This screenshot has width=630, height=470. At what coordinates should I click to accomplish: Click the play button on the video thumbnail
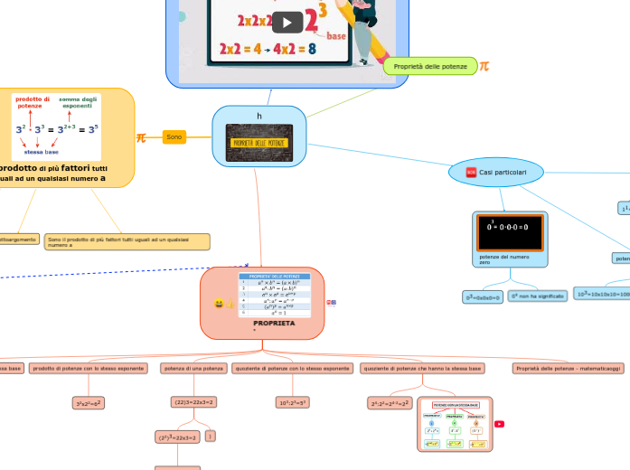(287, 23)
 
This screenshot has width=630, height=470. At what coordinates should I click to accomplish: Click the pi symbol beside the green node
(484, 66)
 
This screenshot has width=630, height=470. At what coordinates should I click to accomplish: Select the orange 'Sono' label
(174, 136)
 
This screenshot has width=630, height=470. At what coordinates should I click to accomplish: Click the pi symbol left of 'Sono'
(141, 137)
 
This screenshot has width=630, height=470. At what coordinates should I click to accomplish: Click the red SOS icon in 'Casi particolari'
(470, 172)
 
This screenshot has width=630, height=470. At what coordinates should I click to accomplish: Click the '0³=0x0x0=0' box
(483, 296)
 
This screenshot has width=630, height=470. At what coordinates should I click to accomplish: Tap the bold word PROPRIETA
(274, 323)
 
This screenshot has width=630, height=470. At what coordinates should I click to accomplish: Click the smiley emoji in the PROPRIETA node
(219, 305)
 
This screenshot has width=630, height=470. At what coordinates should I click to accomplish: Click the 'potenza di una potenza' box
(193, 369)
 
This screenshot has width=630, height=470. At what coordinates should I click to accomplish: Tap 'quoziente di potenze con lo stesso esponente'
(292, 369)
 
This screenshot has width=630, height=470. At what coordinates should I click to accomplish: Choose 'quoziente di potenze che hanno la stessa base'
(421, 369)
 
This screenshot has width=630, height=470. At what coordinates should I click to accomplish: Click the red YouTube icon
(499, 424)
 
